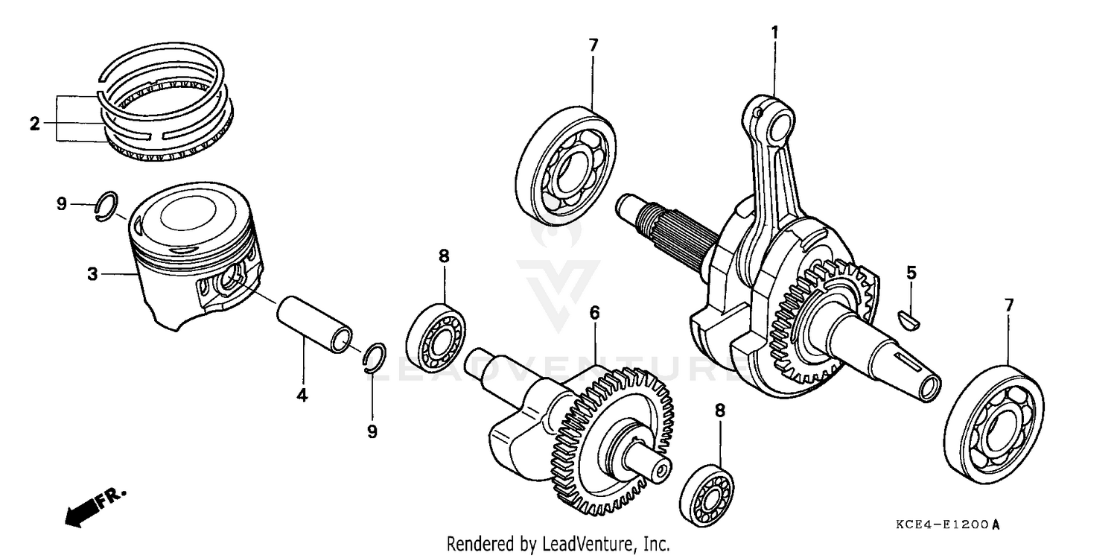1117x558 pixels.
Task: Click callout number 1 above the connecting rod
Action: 774,32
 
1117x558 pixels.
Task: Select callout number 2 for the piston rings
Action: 34,124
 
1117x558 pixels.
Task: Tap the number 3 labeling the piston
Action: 92,274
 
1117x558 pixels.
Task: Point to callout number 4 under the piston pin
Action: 302,396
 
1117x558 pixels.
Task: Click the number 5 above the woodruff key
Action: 911,273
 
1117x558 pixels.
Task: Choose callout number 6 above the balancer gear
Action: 594,313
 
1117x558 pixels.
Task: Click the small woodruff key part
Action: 911,319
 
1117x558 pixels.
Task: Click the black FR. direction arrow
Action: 83,510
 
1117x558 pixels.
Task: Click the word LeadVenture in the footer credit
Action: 588,544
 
